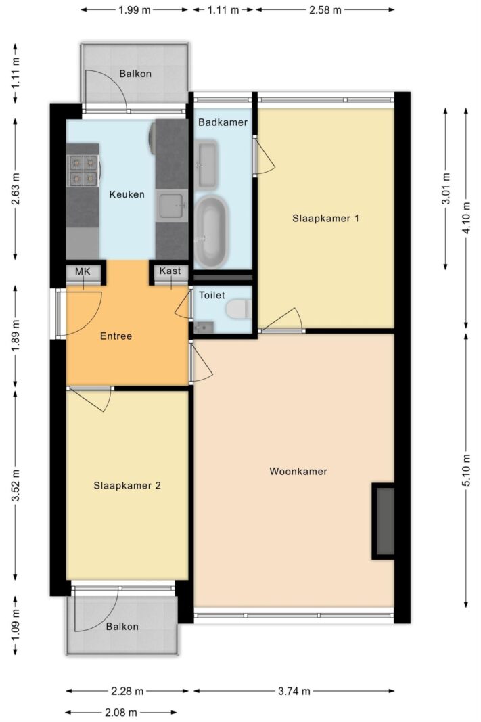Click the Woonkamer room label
298,471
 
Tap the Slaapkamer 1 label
325,218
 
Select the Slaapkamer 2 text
127,485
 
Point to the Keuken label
127,194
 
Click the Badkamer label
223,122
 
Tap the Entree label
116,336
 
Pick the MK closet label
83,271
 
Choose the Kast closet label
170,271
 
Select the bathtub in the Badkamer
212,230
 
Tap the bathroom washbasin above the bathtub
207,164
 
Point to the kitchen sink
172,205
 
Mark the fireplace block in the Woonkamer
384,521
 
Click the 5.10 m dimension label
467,470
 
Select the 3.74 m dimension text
294,691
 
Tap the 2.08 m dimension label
121,713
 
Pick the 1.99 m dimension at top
135,10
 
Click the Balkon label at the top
135,74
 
